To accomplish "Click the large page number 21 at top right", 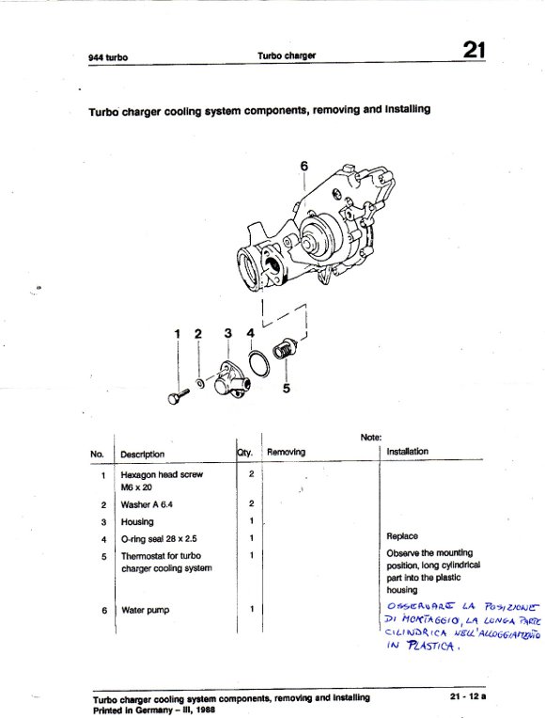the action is pyautogui.click(x=475, y=50).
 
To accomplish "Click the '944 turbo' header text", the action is pyautogui.click(x=108, y=57).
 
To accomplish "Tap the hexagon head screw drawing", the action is pyautogui.click(x=179, y=396).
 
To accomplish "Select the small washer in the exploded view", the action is pyautogui.click(x=200, y=382).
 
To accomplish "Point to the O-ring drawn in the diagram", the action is pyautogui.click(x=258, y=363).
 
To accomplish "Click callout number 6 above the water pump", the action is pyautogui.click(x=304, y=166).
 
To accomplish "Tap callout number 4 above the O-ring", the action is pyautogui.click(x=250, y=333).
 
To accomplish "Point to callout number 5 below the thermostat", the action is pyautogui.click(x=287, y=389).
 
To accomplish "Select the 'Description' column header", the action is pyautogui.click(x=142, y=455).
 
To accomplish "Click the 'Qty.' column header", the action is pyautogui.click(x=244, y=453).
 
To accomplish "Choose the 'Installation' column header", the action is pyautogui.click(x=408, y=452).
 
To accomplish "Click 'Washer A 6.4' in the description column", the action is pyautogui.click(x=147, y=504).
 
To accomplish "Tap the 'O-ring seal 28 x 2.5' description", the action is pyautogui.click(x=159, y=539).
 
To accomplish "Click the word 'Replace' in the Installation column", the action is pyautogui.click(x=402, y=536).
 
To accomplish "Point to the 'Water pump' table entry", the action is pyautogui.click(x=146, y=611).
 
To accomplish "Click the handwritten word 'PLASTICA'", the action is pyautogui.click(x=430, y=646).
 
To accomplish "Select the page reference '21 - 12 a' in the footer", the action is pyautogui.click(x=468, y=696).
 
